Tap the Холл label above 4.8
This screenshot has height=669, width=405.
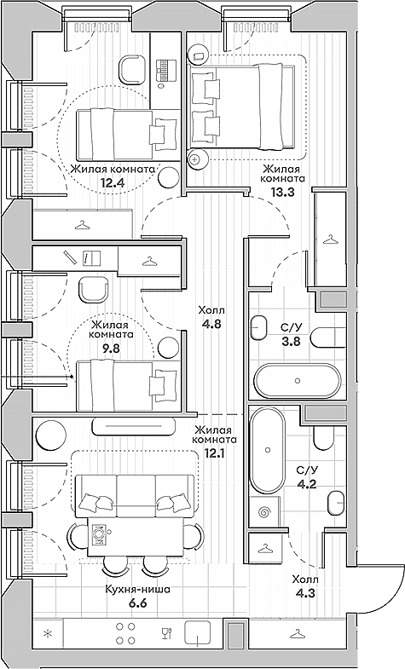pos(211,311)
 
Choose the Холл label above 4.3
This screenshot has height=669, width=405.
pos(305,580)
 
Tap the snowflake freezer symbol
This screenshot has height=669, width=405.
pos(48,633)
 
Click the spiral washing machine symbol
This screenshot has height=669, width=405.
pos(263,513)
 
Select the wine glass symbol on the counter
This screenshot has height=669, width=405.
pos(165,633)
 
